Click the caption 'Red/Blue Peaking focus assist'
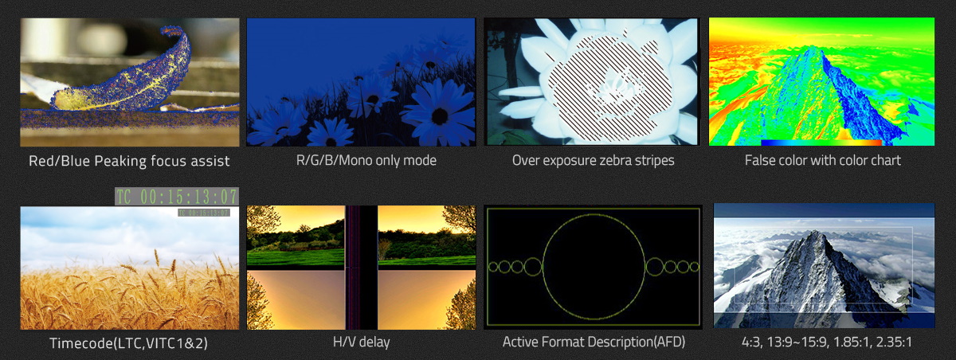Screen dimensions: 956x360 point(129,161)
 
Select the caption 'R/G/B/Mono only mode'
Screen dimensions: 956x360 point(366,160)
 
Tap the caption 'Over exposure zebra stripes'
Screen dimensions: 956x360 point(594,160)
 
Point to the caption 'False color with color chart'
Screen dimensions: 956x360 point(822,160)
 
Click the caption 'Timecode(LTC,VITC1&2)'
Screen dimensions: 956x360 point(128,343)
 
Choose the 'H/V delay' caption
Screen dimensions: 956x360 point(361,342)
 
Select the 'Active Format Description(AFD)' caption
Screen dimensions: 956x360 point(594,342)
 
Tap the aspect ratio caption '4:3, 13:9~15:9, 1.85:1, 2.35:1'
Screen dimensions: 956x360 point(827,342)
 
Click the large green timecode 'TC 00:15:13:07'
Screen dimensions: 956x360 point(177,197)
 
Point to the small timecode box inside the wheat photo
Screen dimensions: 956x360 point(204,213)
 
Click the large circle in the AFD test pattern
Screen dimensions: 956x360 point(594,214)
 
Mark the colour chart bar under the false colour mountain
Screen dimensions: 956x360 point(821,143)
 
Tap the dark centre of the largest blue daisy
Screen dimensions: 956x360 point(440,115)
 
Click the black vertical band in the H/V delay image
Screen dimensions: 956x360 point(361,268)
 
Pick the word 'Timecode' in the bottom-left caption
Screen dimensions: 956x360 point(81,343)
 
